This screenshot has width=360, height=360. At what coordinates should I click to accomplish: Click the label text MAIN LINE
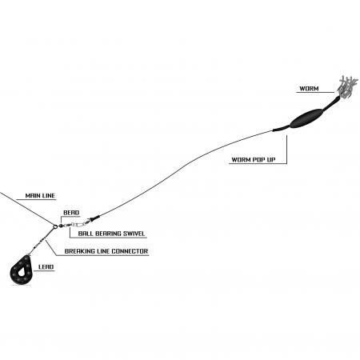pos(40,195)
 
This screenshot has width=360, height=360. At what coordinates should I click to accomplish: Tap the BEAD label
pos(71,213)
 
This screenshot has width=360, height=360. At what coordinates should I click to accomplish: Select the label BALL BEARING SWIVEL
pos(111,234)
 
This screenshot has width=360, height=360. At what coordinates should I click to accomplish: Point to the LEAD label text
pos(46,266)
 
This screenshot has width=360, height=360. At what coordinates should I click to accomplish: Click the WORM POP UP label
pos(254,160)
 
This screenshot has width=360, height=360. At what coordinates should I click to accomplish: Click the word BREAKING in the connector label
pos(80,251)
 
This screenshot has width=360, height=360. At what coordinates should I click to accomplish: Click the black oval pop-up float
pos(306,118)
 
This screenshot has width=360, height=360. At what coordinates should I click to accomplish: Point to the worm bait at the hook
pos(346,87)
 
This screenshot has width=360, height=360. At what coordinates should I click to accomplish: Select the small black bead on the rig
pos(61,226)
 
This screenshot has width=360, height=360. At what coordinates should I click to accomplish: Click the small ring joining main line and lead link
pos(55,226)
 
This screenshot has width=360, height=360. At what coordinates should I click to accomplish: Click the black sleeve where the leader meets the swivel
pos(95,218)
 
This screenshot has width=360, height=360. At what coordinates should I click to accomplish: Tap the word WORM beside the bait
pos(309,89)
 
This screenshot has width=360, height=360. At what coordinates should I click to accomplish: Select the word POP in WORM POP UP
pos(259,160)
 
